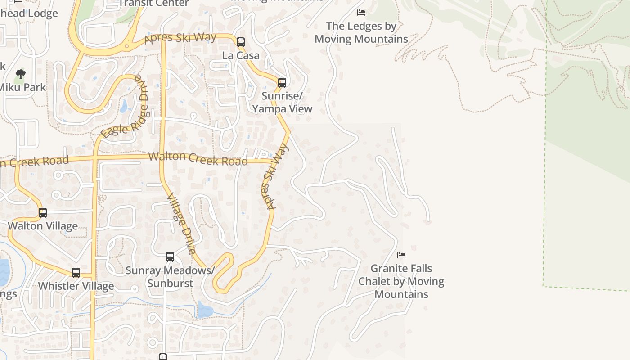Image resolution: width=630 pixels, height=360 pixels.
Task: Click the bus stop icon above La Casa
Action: pyautogui.click(x=241, y=42)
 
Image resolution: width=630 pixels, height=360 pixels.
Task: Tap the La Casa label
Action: pyautogui.click(x=241, y=55)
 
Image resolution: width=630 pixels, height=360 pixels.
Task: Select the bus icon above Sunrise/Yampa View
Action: pyautogui.click(x=282, y=83)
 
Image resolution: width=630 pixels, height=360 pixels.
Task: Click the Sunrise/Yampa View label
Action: pyautogui.click(x=282, y=103)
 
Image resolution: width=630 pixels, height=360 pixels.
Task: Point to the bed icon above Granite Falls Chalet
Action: pyautogui.click(x=401, y=255)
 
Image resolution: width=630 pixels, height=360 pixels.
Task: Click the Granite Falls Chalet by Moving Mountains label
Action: pyautogui.click(x=401, y=281)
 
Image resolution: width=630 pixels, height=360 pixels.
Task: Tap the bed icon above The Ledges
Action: pyautogui.click(x=361, y=13)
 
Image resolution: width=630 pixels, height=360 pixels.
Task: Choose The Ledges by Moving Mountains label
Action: pyautogui.click(x=361, y=32)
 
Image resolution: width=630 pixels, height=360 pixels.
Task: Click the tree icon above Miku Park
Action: pyautogui.click(x=20, y=74)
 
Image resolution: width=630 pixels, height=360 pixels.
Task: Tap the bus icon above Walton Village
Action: pyautogui.click(x=43, y=212)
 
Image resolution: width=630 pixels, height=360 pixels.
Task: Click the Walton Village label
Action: pyautogui.click(x=43, y=226)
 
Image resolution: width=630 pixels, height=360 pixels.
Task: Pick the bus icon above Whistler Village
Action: pyautogui.click(x=76, y=273)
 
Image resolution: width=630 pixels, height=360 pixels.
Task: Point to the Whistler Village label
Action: pyautogui.click(x=76, y=286)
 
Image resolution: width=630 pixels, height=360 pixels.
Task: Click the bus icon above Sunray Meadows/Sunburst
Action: pyautogui.click(x=170, y=257)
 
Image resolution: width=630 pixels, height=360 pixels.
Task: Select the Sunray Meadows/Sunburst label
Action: pyautogui.click(x=170, y=277)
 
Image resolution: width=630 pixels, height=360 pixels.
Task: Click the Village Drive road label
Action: pyautogui.click(x=181, y=224)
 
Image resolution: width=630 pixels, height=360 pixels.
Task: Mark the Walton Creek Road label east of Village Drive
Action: pyautogui.click(x=198, y=159)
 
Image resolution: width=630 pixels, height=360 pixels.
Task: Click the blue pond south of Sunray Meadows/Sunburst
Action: pyautogui.click(x=205, y=310)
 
